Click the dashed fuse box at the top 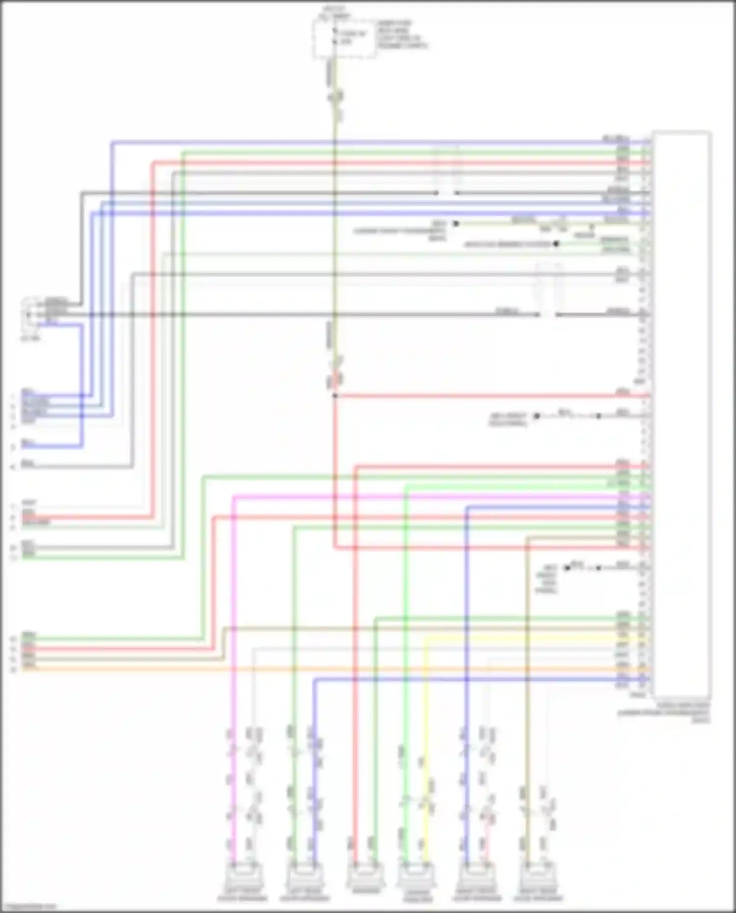(x=345, y=39)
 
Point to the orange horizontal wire (x=343, y=669)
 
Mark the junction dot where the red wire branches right (x=335, y=395)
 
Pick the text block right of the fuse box (x=401, y=34)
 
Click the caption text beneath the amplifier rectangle (x=663, y=712)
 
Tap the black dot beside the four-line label (x=567, y=568)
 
